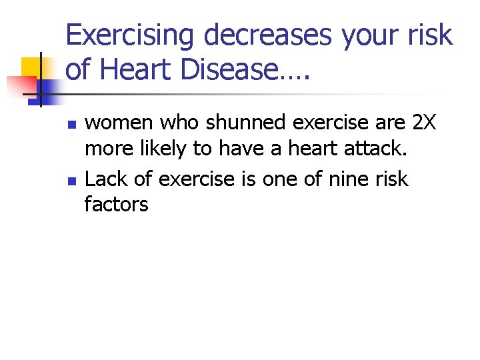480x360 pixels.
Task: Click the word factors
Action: [116, 203]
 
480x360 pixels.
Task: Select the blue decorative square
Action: [51, 88]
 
